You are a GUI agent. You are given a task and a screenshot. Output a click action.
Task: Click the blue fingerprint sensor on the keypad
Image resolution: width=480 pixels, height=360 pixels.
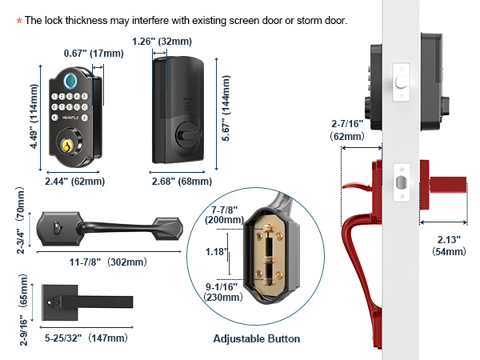[70, 81]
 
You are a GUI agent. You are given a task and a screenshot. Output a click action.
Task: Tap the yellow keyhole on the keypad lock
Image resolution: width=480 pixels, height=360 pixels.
[66, 146]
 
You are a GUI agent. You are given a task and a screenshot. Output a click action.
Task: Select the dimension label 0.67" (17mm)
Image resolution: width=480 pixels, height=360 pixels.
[94, 54]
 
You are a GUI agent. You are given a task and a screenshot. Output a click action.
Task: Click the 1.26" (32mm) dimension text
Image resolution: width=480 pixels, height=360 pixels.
[162, 42]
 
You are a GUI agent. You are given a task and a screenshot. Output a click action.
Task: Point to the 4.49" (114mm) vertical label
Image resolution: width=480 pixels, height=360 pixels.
[34, 116]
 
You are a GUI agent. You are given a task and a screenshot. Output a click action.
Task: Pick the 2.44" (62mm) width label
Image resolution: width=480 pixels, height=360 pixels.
[75, 182]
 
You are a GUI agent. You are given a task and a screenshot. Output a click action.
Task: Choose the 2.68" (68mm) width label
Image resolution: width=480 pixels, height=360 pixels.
[182, 182]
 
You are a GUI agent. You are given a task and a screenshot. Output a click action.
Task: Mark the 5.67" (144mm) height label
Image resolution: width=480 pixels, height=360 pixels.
[226, 108]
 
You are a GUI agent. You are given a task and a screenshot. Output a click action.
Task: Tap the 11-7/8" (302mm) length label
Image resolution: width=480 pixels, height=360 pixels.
[109, 262]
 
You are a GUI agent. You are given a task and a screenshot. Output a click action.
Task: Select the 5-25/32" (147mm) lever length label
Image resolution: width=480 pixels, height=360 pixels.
[86, 338]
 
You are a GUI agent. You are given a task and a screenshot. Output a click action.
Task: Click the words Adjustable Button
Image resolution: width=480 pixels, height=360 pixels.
[257, 339]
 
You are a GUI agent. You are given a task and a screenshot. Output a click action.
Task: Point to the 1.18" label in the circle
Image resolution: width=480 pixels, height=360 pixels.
[217, 252]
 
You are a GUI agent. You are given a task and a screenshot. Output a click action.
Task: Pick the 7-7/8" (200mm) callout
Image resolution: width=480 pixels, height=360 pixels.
[224, 215]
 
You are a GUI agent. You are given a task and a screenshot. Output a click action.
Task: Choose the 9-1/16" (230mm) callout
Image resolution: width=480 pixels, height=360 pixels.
[223, 292]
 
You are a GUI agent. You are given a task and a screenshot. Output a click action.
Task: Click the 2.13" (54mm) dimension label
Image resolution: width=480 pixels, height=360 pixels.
[449, 246]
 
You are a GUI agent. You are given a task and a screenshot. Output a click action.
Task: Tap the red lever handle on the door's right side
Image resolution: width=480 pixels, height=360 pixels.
[443, 185]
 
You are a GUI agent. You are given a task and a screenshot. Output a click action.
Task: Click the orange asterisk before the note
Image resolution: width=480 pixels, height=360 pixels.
[19, 21]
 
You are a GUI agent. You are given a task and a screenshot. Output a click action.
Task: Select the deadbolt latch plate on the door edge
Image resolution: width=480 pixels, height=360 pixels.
[402, 82]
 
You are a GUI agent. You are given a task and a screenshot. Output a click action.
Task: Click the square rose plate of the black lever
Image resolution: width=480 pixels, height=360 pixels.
[59, 302]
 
